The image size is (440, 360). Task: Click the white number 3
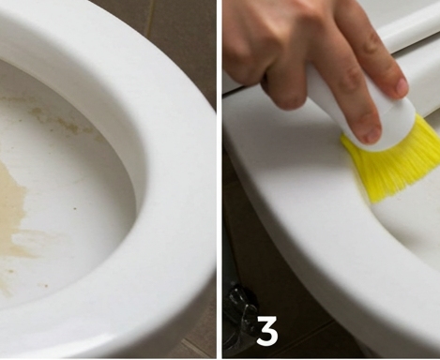coord(267,330)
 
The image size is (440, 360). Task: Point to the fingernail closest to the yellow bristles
coord(372,135)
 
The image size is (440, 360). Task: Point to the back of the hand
coord(281,31)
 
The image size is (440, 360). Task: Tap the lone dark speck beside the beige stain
coord(75,208)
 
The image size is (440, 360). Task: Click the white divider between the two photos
coord(220,180)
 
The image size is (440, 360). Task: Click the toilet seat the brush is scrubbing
coord(312,203)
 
